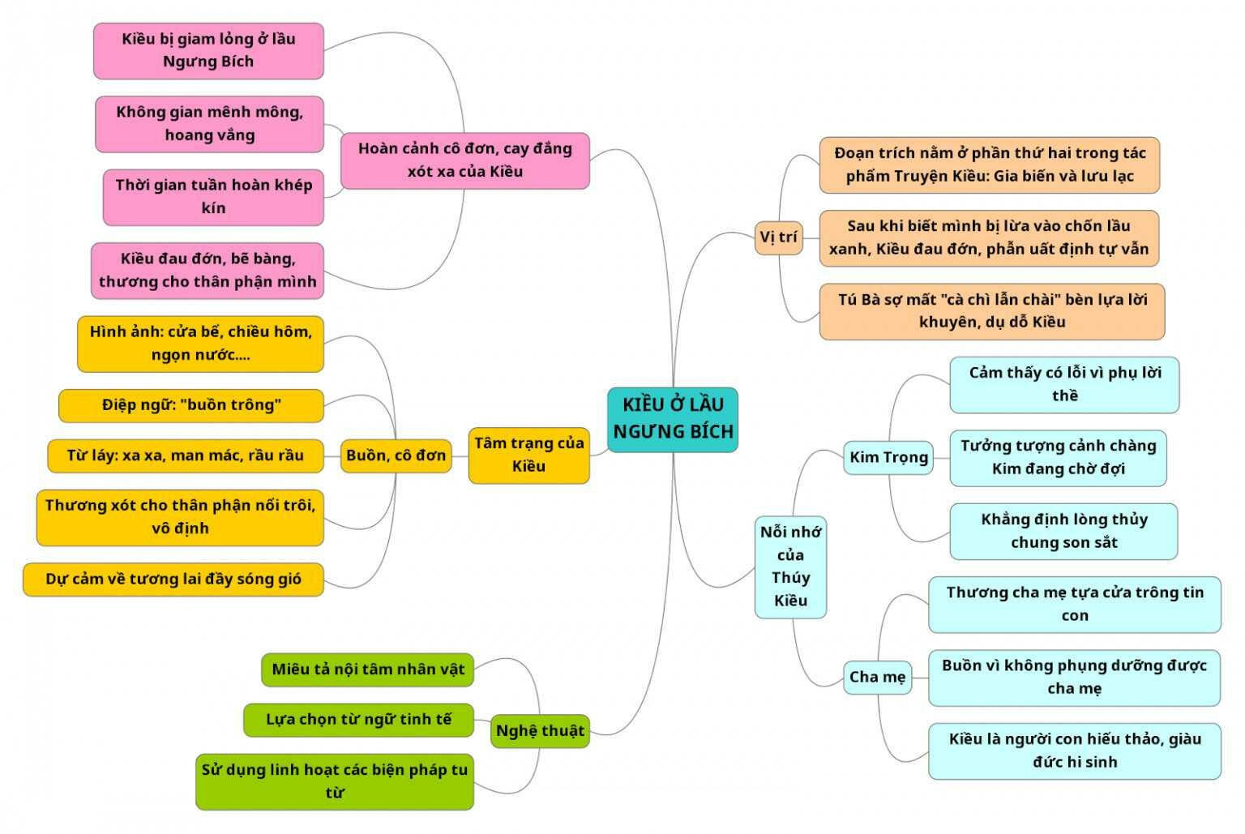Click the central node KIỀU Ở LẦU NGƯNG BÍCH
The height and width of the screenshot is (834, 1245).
coord(673,419)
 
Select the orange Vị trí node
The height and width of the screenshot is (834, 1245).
coord(778,237)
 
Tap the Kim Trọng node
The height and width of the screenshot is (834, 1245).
coord(888,458)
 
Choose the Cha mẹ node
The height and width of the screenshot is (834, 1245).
coord(878,677)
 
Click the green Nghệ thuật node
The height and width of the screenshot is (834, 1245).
coord(540,731)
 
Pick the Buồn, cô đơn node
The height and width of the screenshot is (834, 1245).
coord(396,455)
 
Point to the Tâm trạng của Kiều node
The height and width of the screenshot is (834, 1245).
coord(528,455)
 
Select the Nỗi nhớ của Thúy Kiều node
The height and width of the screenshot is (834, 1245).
coord(790,567)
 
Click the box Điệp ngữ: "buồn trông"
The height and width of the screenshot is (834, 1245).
coord(191,405)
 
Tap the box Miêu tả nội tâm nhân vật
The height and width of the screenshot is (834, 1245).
coord(368,669)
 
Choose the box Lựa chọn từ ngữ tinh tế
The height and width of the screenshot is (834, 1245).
coord(358,720)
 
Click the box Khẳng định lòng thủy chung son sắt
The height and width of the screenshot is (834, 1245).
coord(1063,532)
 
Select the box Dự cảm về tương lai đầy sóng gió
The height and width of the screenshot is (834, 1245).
coord(173,580)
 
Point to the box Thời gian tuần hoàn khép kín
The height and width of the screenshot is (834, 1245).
coord(213,197)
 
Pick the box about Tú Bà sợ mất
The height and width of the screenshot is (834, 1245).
coord(992,311)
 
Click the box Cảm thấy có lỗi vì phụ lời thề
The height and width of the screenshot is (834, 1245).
coord(1064,385)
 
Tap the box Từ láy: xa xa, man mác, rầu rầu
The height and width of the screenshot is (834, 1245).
coord(185,455)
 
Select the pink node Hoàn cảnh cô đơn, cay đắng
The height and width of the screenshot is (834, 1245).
coord(464,160)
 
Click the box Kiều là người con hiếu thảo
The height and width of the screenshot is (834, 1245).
coord(1075,751)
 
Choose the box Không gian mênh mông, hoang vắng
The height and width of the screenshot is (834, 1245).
coord(209,124)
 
